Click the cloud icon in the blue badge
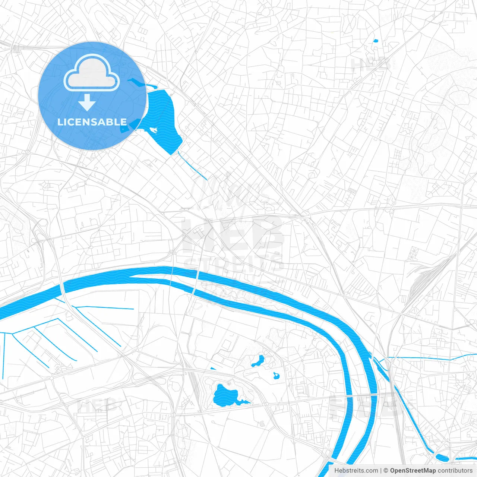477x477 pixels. tap(92, 73)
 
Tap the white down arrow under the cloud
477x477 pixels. tap(87, 102)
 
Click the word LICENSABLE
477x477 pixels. tap(92, 122)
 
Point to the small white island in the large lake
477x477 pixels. tap(153, 130)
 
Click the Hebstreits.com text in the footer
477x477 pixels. tap(356, 471)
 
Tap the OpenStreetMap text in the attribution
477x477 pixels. tap(413, 471)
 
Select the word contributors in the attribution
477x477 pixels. tap(455, 471)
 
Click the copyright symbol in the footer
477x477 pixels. tap(386, 471)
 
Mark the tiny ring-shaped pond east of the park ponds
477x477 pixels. tap(276, 376)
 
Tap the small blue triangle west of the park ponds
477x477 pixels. tap(213, 369)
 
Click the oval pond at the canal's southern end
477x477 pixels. tap(442, 457)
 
